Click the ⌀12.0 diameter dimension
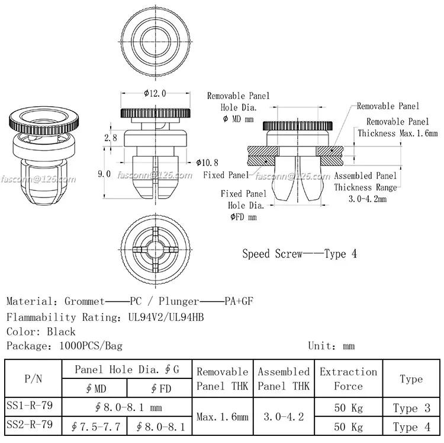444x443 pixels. click(x=155, y=93)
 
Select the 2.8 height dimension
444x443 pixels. click(x=110, y=138)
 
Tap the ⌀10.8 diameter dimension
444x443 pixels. click(x=207, y=162)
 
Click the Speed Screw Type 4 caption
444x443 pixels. click(x=300, y=254)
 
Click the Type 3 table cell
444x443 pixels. click(x=411, y=408)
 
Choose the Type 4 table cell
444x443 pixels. click(x=411, y=426)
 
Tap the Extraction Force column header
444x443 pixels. click(x=348, y=378)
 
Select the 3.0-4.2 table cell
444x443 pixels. click(x=284, y=417)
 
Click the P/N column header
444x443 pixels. click(x=33, y=378)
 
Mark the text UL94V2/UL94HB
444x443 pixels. click(x=166, y=317)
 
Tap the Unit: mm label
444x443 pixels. click(x=331, y=346)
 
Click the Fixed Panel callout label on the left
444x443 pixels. click(x=226, y=176)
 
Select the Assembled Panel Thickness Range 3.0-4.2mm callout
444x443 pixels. click(x=365, y=187)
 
